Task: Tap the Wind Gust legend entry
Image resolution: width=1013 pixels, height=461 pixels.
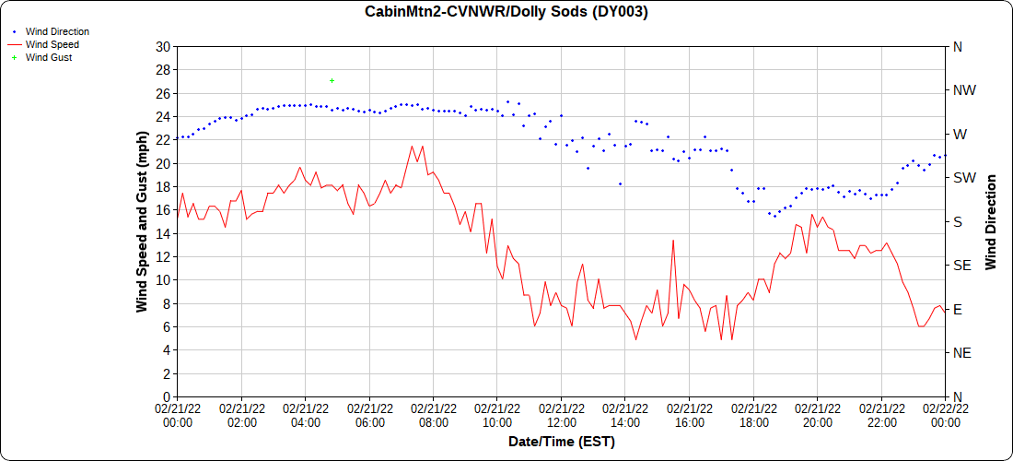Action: point(49,57)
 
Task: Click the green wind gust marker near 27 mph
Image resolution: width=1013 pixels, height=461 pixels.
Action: point(332,81)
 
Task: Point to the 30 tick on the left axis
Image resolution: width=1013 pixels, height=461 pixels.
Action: point(163,47)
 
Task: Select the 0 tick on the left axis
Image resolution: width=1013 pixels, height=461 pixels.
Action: point(167,396)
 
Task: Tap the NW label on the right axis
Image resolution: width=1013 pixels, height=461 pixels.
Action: point(963,90)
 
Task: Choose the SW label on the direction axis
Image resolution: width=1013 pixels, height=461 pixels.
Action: point(963,178)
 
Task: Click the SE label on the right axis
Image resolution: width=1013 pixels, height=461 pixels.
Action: point(961,266)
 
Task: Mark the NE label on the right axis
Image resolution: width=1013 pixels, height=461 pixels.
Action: point(961,353)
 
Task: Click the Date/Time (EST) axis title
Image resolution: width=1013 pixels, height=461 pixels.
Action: point(561,442)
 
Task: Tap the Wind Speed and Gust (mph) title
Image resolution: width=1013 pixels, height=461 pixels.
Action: point(142,221)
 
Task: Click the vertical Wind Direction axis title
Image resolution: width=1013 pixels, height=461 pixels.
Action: point(991,221)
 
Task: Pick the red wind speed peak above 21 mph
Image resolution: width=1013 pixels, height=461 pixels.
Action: point(412,146)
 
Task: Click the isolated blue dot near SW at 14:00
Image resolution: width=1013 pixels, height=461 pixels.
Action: point(620,183)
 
